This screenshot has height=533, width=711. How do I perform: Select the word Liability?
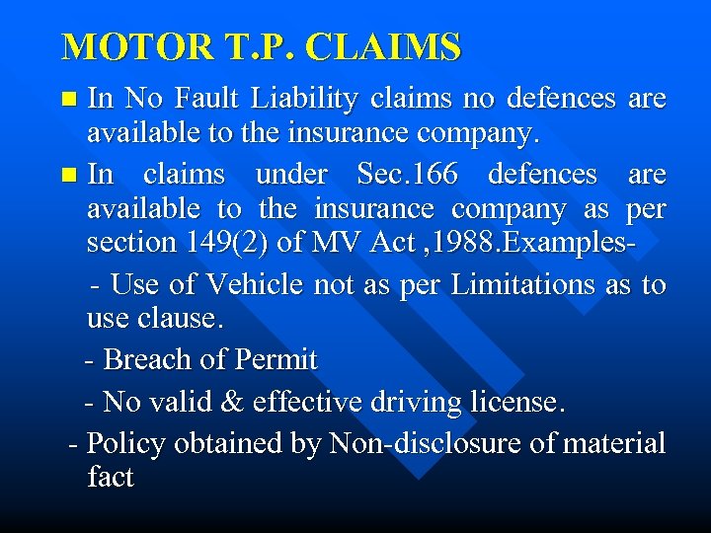[x=304, y=99]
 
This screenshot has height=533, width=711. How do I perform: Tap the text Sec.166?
[x=408, y=175]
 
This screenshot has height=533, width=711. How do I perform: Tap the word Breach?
[x=145, y=360]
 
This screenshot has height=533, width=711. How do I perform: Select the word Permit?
[x=276, y=360]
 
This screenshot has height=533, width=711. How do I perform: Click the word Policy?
[x=119, y=444]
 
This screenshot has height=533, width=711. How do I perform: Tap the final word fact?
[x=110, y=478]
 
